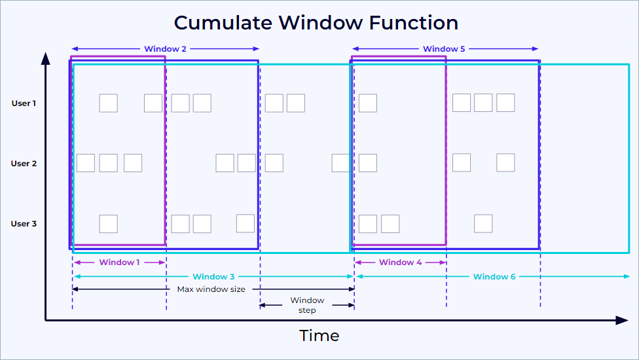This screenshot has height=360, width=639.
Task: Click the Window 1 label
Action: (x=120, y=262)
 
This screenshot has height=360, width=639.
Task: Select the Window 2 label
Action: (x=165, y=49)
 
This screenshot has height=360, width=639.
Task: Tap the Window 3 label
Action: (x=213, y=277)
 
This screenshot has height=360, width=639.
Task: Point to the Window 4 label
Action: (x=401, y=262)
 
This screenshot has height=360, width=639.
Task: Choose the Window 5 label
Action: (x=445, y=49)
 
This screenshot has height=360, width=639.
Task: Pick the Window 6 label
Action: (x=494, y=277)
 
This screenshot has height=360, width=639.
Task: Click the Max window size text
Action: (x=211, y=289)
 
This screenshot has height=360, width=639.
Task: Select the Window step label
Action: (x=307, y=305)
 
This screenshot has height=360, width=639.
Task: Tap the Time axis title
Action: (x=319, y=336)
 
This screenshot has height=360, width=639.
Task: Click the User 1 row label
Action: (x=24, y=103)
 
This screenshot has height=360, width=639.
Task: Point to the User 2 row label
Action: (x=24, y=163)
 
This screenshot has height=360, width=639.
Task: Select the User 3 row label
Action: (x=24, y=223)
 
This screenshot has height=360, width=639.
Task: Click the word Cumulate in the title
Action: (x=223, y=23)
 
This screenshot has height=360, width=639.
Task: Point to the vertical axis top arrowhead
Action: (x=46, y=59)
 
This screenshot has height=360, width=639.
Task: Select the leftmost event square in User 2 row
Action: (x=86, y=163)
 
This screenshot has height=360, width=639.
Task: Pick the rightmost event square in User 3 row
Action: (x=483, y=223)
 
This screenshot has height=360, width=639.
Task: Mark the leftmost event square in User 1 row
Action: (x=108, y=103)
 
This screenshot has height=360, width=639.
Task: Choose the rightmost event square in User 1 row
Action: (x=505, y=103)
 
